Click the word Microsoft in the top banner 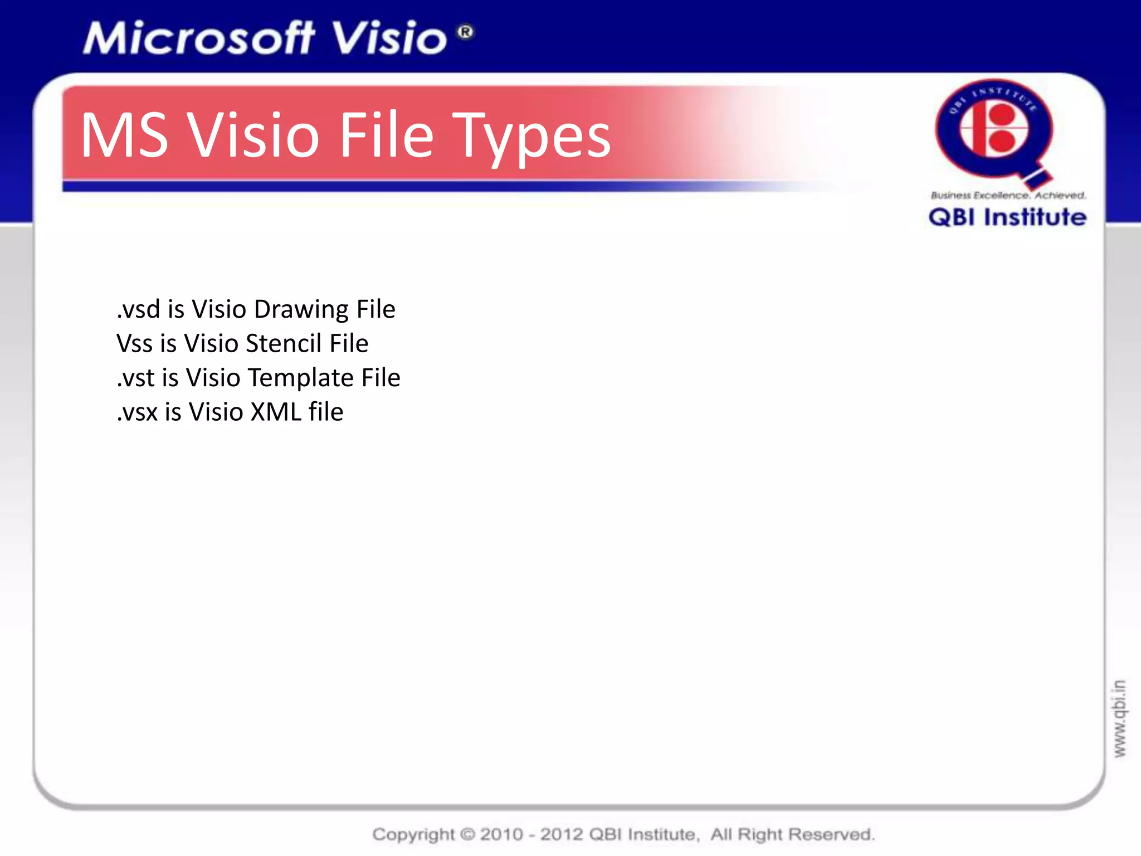(x=199, y=39)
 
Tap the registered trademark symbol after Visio (x=466, y=32)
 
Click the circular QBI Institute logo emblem (x=994, y=131)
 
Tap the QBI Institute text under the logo (x=1007, y=217)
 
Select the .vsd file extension (x=138, y=310)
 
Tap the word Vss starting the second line (x=134, y=344)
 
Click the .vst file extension (x=135, y=378)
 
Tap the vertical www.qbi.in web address (x=1119, y=718)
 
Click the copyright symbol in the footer (x=468, y=834)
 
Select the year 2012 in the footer (x=562, y=834)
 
